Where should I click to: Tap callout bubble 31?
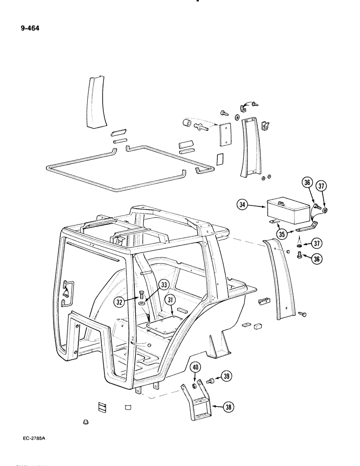click(x=171, y=300)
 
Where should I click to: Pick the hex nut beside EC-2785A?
click(x=86, y=422)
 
